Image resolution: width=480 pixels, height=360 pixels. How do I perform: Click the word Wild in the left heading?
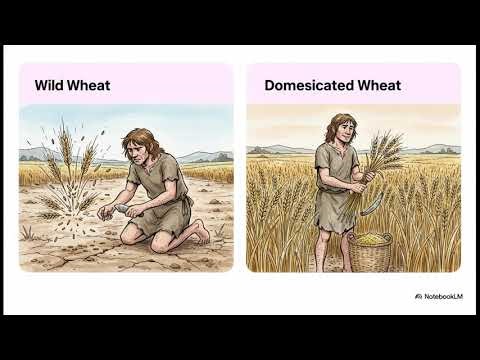click(48, 85)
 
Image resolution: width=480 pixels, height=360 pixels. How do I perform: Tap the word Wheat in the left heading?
click(89, 85)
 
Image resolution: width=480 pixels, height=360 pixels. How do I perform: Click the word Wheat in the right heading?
click(380, 85)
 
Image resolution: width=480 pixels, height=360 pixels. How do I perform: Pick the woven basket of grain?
click(371, 250)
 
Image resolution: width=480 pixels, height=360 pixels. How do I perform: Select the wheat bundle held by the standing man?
click(381, 160)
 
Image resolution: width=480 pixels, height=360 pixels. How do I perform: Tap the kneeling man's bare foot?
click(199, 236)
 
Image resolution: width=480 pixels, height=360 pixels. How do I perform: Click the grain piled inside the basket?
click(371, 238)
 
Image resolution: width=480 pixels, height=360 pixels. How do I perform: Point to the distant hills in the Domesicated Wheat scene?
click(280, 148)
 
